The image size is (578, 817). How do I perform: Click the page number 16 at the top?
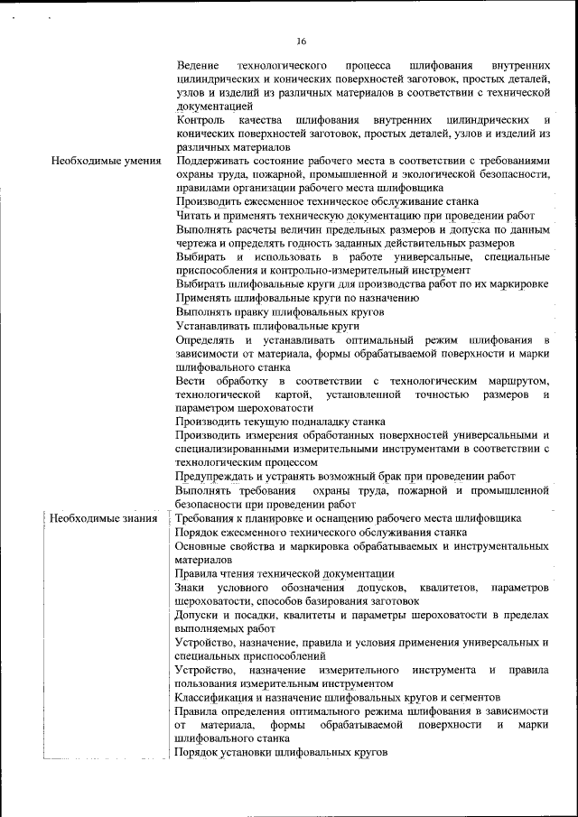[x=301, y=39]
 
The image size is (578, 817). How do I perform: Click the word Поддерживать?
[x=213, y=161]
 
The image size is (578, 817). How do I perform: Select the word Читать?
[x=193, y=215]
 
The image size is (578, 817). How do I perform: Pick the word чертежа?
[x=197, y=243]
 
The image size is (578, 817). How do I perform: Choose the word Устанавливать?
[x=212, y=324]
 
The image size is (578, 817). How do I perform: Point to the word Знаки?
[x=191, y=587]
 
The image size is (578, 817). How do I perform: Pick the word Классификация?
[x=219, y=696]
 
